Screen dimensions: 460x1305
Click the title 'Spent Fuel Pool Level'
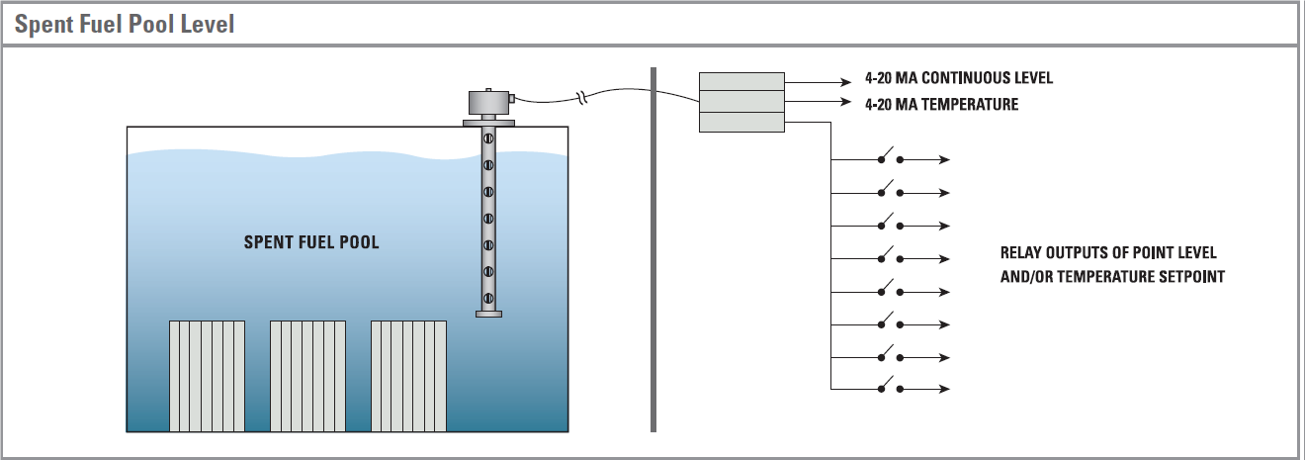pyautogui.click(x=125, y=25)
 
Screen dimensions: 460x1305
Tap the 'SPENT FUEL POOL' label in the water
pyautogui.click(x=311, y=242)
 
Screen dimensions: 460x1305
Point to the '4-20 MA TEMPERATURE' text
pyautogui.click(x=941, y=104)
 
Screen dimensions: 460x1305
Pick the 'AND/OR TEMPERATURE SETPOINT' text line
pyautogui.click(x=1112, y=277)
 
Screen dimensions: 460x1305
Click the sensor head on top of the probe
pyautogui.click(x=489, y=102)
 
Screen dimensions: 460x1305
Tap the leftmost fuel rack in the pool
pyautogui.click(x=207, y=376)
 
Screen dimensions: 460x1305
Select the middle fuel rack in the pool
pyautogui.click(x=308, y=376)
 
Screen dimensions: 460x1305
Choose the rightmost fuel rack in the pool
pyautogui.click(x=409, y=376)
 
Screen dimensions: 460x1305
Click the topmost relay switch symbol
pyautogui.click(x=891, y=158)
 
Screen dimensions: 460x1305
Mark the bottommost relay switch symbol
pyautogui.click(x=891, y=387)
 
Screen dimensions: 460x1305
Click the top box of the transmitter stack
pyautogui.click(x=741, y=81)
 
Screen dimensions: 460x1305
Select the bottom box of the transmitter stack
pyautogui.click(x=741, y=122)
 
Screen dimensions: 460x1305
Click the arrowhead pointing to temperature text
pyautogui.click(x=845, y=102)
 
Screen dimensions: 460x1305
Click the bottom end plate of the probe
pyautogui.click(x=488, y=314)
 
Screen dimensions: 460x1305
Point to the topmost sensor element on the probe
pyautogui.click(x=488, y=138)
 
